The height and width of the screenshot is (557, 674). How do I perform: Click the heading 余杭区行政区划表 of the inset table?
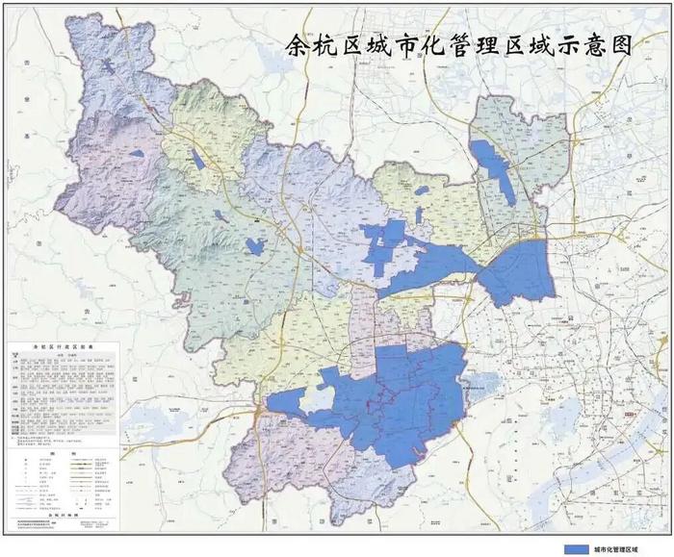(x=60, y=342)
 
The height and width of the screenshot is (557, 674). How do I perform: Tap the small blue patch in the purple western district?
(x=137, y=153)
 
